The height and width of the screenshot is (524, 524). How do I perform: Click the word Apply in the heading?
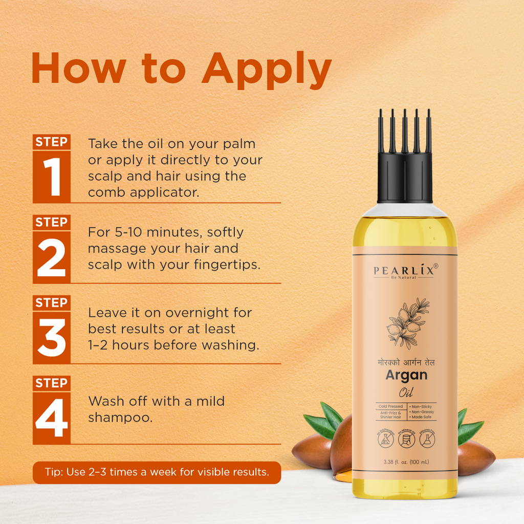[x=266, y=69]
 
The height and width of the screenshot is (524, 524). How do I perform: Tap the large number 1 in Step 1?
[x=51, y=177]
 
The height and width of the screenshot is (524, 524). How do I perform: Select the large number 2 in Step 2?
[x=51, y=257]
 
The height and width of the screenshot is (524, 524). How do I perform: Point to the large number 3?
[x=51, y=337]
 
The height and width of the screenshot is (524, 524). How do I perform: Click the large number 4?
[x=51, y=418]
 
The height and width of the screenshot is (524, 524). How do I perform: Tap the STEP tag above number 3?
[x=51, y=302]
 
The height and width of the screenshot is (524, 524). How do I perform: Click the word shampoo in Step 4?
[x=120, y=418]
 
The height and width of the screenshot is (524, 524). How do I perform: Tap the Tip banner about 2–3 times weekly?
[x=157, y=472]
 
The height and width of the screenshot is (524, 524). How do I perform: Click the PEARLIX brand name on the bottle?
[x=403, y=271]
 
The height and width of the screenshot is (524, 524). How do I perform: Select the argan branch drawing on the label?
[x=406, y=323]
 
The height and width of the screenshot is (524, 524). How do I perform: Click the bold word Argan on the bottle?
[x=406, y=375]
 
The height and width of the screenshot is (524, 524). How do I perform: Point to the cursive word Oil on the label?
[x=406, y=393]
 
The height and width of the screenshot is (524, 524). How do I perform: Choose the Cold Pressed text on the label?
[x=390, y=406]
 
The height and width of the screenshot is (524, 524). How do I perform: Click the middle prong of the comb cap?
[x=405, y=130]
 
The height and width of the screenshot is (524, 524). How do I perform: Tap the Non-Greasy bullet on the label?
[x=423, y=412]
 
